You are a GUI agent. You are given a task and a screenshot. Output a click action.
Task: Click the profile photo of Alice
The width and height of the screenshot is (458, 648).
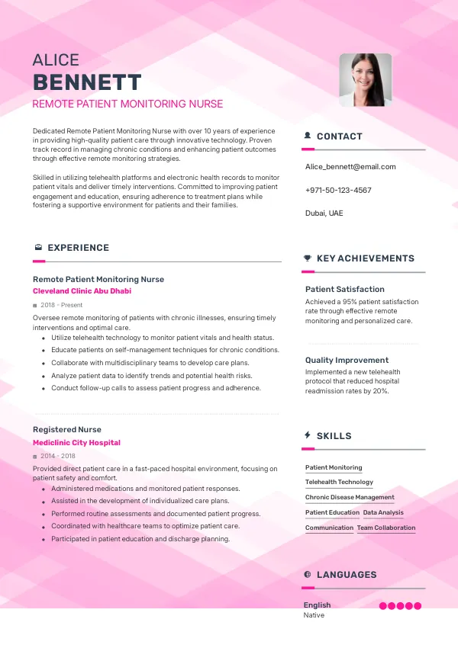tap(365, 79)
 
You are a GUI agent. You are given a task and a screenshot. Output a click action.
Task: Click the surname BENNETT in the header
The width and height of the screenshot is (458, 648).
tap(87, 82)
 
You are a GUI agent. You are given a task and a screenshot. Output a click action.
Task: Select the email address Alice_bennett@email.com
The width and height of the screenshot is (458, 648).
tap(350, 166)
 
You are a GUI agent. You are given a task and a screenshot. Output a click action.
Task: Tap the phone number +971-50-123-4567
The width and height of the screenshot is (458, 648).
tap(338, 190)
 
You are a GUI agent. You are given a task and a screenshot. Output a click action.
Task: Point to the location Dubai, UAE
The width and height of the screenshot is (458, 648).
tap(324, 213)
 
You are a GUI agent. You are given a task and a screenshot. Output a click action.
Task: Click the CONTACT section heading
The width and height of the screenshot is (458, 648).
tap(339, 136)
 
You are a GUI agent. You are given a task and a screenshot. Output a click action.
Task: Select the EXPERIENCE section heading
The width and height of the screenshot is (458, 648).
tap(78, 248)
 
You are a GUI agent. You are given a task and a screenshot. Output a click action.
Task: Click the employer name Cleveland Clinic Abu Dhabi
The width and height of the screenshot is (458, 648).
tap(82, 291)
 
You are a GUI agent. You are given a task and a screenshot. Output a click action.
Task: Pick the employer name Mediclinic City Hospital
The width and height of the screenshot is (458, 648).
tap(76, 443)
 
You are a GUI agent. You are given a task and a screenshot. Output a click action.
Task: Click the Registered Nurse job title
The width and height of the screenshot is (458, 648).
tap(67, 430)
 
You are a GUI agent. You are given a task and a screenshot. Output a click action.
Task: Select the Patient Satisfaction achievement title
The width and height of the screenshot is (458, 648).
tap(345, 289)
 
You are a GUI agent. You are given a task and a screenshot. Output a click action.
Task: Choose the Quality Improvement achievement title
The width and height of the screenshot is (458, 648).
tap(347, 360)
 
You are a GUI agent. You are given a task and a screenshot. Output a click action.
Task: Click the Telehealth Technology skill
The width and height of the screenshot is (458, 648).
tap(339, 482)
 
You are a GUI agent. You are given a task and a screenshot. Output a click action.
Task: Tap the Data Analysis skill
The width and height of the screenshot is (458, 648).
tap(383, 513)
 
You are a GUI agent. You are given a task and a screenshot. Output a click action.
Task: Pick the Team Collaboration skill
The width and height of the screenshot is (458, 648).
tap(386, 528)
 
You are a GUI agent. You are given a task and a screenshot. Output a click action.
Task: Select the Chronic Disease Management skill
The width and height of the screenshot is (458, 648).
tap(350, 497)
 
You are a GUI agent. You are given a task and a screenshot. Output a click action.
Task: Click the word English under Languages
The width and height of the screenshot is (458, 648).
tap(318, 605)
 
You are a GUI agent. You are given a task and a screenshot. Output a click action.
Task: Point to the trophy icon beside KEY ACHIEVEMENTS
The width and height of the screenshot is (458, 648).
tap(307, 258)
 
